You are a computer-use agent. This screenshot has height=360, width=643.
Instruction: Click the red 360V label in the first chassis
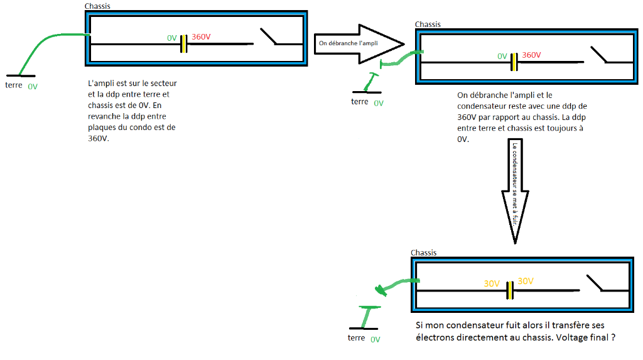201,37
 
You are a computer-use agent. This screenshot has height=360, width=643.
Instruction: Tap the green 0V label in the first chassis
172,38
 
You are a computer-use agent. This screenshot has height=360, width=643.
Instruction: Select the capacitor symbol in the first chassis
183,44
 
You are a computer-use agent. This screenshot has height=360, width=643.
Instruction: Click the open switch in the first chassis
268,37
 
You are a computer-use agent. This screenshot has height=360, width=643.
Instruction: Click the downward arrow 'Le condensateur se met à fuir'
514,188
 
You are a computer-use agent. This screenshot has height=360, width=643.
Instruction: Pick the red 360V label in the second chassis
531,55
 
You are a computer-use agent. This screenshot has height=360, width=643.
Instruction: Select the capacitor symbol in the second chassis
514,62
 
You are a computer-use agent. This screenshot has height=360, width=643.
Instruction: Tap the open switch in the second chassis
598,55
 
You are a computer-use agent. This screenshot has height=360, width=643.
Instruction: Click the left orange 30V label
492,283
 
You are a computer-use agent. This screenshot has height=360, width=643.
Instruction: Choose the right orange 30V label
526,281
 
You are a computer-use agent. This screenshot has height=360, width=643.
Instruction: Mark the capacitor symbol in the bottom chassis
510,290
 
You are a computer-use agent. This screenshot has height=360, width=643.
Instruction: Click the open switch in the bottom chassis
594,283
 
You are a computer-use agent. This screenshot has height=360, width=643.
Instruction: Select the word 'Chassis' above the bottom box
423,253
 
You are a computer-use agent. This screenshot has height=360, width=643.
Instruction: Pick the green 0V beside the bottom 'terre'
375,339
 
